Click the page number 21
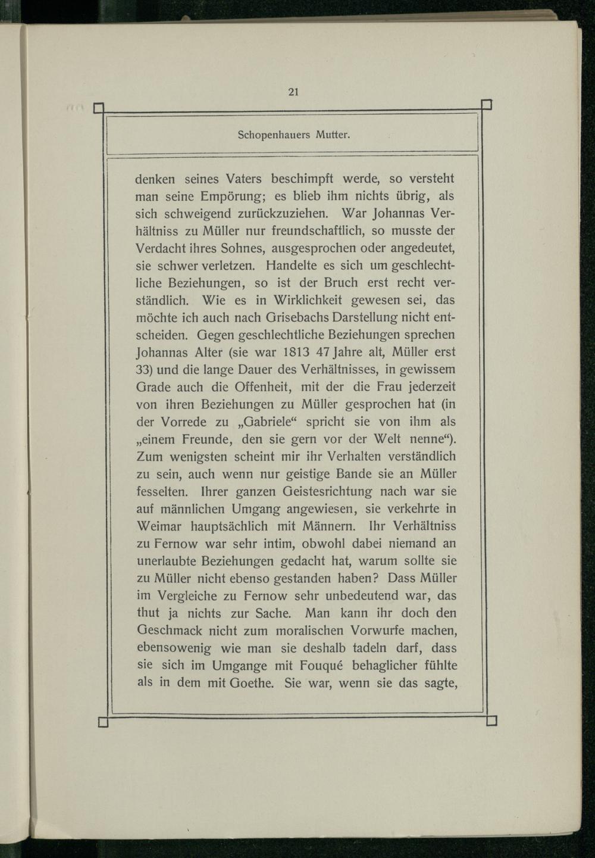[293, 92]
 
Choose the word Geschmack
[170, 631]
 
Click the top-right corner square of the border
[486, 105]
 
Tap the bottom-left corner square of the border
[102, 722]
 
